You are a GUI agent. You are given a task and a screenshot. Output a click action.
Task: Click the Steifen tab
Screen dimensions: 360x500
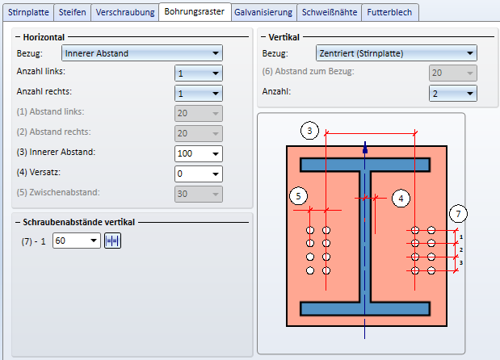74,12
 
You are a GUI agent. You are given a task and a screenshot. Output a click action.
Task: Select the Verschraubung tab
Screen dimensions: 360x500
125,12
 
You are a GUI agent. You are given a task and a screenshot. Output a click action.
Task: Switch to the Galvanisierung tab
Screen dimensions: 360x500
263,12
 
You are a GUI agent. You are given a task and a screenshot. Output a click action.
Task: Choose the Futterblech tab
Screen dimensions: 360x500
389,12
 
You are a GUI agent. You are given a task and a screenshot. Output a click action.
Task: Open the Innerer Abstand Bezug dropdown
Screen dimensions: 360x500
142,54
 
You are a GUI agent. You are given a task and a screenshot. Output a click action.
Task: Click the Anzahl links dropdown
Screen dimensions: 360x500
198,73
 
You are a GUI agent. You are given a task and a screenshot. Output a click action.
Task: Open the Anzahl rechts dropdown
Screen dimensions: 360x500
198,93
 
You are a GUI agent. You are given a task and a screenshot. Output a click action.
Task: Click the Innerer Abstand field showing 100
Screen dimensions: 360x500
198,153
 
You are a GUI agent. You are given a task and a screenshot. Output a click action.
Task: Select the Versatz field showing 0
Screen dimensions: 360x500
198,173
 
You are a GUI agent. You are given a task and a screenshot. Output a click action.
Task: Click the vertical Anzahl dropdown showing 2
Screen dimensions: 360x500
452,93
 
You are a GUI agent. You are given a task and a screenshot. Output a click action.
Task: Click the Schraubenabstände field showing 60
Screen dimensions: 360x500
76,241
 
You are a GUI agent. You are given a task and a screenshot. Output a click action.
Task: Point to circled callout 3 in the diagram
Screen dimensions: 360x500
309,130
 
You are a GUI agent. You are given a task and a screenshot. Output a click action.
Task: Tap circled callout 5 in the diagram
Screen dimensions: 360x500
298,195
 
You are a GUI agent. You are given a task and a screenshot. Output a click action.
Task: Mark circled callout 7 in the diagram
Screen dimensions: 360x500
458,214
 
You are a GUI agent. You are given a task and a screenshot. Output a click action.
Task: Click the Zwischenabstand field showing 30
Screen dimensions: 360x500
198,193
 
